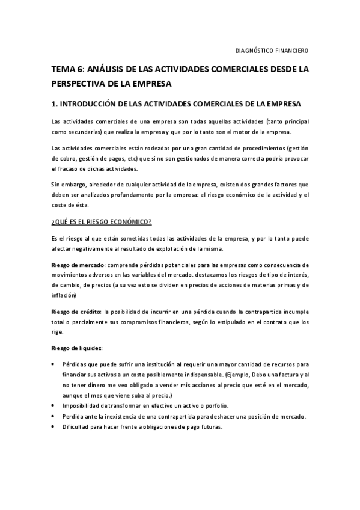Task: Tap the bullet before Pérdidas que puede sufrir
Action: [55, 364]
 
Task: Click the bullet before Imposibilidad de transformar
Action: [55, 406]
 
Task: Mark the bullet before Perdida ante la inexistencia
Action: [55, 416]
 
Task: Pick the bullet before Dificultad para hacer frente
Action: [55, 427]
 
